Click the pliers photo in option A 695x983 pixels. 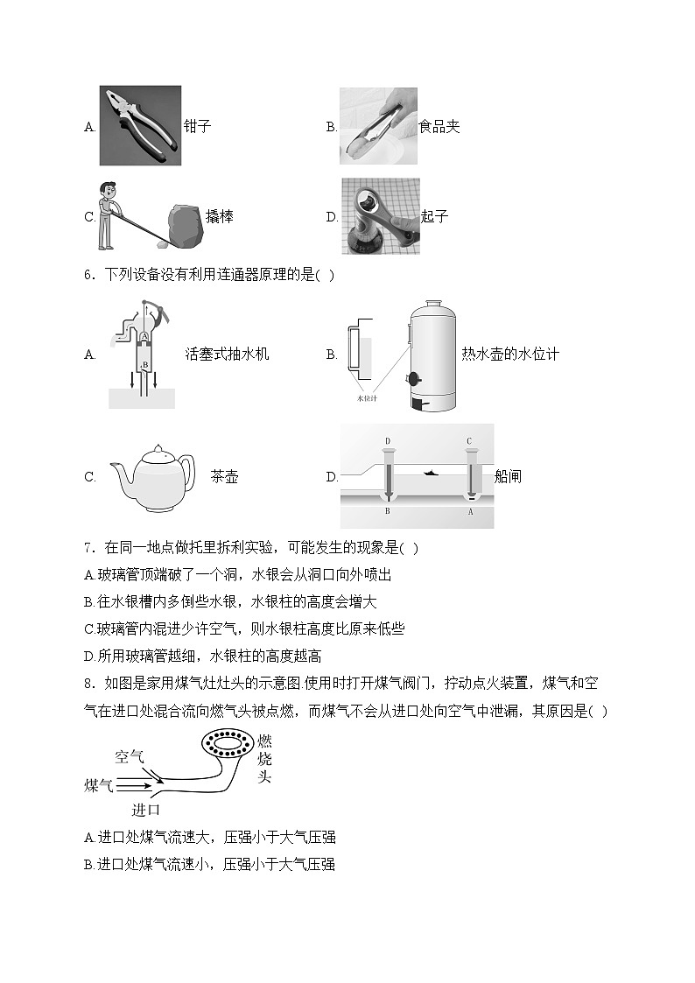[x=139, y=125]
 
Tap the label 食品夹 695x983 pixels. [x=439, y=127]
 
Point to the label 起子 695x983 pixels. [x=434, y=216]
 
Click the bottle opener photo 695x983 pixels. [x=380, y=216]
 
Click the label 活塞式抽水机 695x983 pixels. [x=227, y=355]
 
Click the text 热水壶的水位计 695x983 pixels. [x=509, y=355]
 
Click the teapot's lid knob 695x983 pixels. [x=157, y=446]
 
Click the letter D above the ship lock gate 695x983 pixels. [x=387, y=440]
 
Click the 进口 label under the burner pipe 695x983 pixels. [x=145, y=810]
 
